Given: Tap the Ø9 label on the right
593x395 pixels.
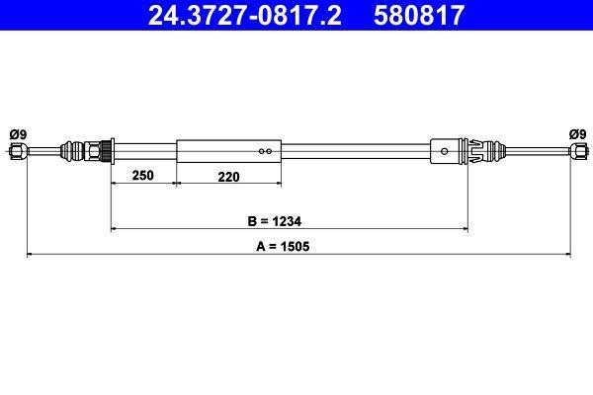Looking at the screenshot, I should (x=576, y=133).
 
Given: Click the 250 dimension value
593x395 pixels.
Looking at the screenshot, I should (x=144, y=175).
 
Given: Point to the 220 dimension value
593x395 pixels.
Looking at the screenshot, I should (x=229, y=175).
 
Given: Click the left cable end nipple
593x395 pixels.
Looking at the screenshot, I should (x=18, y=151).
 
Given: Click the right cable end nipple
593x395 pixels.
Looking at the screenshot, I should (x=576, y=151).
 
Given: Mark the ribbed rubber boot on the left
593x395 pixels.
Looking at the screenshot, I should (x=73, y=151).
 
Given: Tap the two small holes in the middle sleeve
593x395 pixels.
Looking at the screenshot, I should (x=264, y=151).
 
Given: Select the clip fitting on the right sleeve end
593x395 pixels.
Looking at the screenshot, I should (x=479, y=151).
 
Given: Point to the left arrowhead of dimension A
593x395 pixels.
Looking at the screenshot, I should (x=31, y=255).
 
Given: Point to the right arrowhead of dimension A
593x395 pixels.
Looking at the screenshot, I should (x=566, y=255).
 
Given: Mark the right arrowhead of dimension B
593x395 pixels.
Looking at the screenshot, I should (x=464, y=229).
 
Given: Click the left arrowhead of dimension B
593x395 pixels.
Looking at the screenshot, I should (x=115, y=229).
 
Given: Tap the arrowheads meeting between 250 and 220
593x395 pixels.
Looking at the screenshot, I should (x=176, y=183).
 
